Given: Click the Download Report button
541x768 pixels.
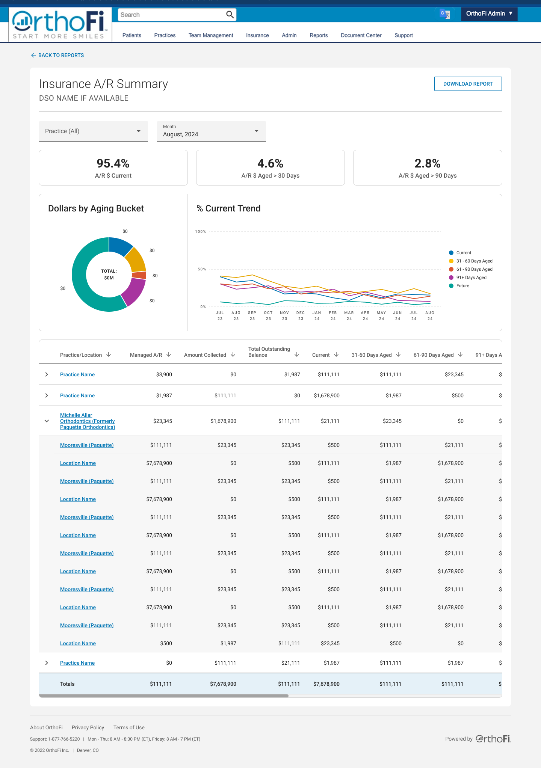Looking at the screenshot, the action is click(468, 84).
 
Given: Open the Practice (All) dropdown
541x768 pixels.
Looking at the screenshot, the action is click(94, 131).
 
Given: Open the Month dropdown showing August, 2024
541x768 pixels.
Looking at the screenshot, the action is click(212, 131).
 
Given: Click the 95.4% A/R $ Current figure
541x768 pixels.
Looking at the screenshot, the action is click(113, 163).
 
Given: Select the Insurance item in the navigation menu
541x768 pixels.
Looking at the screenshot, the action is click(257, 35).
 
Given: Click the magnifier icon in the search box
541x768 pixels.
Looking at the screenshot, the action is click(230, 15).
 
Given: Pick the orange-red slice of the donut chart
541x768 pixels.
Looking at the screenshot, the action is click(139, 275).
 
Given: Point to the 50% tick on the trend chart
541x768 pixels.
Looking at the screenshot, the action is click(202, 269).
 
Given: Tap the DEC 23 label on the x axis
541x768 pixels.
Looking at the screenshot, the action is click(301, 315).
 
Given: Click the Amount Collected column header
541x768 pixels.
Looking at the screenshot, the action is click(205, 355).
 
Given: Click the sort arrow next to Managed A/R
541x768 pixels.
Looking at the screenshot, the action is click(169, 355).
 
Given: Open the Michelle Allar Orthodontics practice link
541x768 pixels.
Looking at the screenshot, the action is click(88, 421).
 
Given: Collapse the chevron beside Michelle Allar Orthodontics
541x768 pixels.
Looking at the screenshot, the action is click(47, 421).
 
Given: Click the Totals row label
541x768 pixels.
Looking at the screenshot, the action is click(67, 684).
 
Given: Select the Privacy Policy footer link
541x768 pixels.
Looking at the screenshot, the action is click(88, 727).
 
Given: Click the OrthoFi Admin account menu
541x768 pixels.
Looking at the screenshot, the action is click(489, 14).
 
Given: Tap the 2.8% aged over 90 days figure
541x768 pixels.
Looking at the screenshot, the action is click(428, 163).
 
